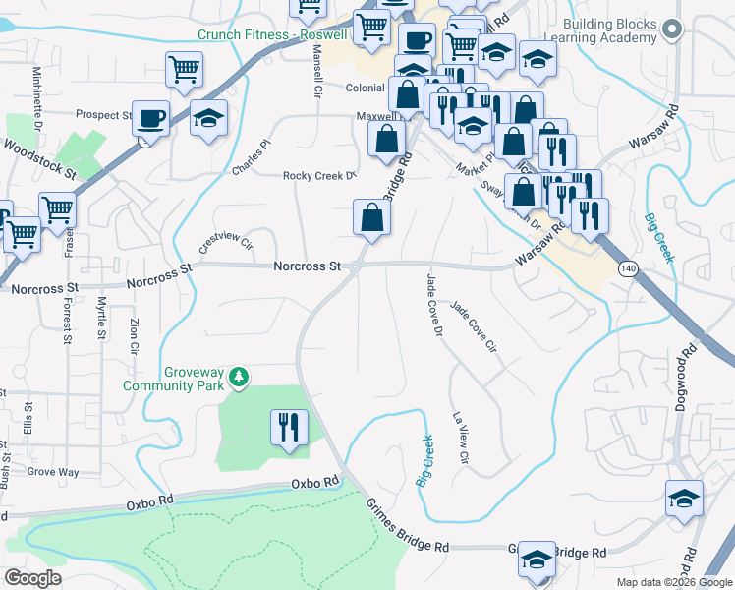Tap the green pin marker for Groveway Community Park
tap(237, 378)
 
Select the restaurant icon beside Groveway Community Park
tap(289, 428)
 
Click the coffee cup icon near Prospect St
tap(150, 119)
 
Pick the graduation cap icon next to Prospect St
tap(207, 119)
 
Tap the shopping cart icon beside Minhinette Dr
tap(184, 71)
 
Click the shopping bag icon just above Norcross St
tap(371, 218)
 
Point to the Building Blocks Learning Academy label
tap(609, 30)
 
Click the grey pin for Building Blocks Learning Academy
tap(672, 30)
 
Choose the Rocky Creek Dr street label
tap(318, 176)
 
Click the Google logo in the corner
tap(33, 578)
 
